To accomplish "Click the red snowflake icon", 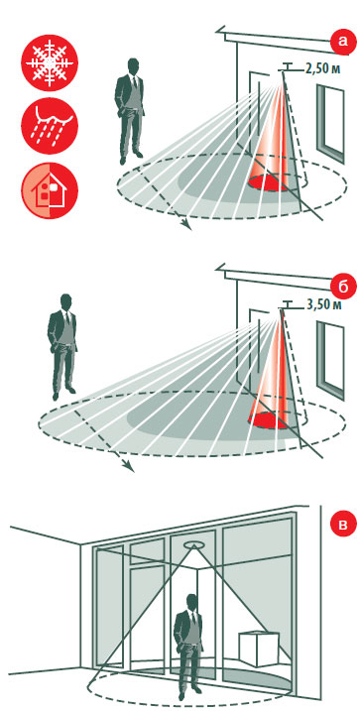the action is (x=50, y=62).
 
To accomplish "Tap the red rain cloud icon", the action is (x=50, y=126).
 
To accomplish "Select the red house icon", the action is (x=50, y=190).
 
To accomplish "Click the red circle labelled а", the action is (x=342, y=42).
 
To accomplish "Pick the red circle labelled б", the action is (x=342, y=288).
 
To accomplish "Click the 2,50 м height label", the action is (x=322, y=69).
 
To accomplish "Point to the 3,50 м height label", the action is (x=323, y=304).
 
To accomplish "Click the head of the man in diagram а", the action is (x=133, y=66).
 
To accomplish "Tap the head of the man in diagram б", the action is (x=66, y=302).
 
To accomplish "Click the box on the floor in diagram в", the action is (x=259, y=648).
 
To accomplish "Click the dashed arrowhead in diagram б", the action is (x=130, y=467).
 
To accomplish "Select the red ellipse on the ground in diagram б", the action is (x=270, y=420).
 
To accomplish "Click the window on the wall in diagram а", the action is (x=330, y=123).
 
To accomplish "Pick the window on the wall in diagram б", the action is (x=330, y=361).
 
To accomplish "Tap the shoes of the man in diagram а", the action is (x=131, y=158).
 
